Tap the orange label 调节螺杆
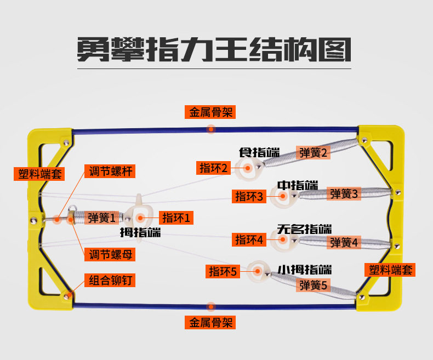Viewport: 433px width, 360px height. click(x=112, y=172)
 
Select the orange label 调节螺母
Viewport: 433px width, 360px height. click(x=112, y=254)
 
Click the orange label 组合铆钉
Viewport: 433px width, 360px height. click(x=112, y=281)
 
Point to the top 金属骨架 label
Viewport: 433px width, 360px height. click(x=212, y=112)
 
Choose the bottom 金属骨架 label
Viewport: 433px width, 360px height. click(x=212, y=323)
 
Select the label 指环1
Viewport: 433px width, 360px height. click(x=176, y=218)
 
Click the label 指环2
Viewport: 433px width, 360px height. click(x=213, y=168)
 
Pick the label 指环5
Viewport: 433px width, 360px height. click(x=222, y=271)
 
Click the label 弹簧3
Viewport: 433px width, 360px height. click(x=344, y=193)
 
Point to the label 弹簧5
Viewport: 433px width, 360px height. click(x=314, y=285)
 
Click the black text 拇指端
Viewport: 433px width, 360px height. click(x=140, y=232)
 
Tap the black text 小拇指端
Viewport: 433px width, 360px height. click(x=304, y=270)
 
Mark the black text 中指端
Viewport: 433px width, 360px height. click(x=297, y=185)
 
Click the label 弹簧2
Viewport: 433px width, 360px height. click(x=314, y=153)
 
